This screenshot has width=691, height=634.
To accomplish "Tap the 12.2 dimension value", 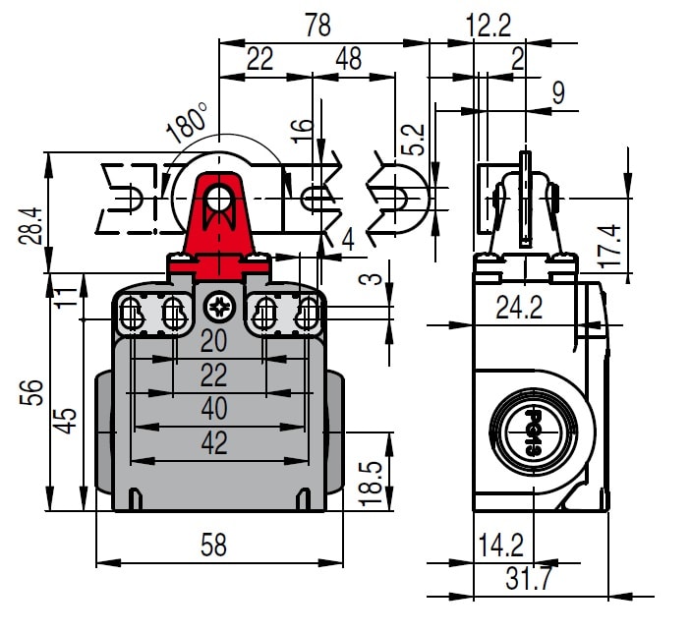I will point(489,27).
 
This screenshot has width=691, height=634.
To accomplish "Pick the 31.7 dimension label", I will point(528,579).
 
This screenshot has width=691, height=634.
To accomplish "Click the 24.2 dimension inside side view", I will point(519,309).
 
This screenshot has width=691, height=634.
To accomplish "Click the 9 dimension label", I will point(558,93).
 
